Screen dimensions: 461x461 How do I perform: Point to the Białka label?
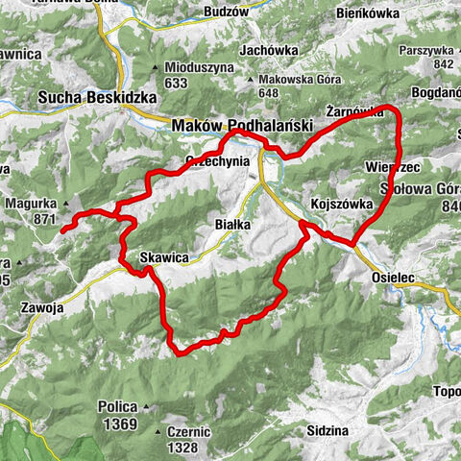230,224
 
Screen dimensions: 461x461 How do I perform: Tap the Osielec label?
393,276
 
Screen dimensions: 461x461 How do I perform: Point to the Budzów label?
227,14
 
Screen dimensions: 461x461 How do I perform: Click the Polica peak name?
115,406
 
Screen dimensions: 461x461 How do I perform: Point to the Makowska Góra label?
291,80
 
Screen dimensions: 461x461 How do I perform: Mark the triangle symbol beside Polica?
144,406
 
